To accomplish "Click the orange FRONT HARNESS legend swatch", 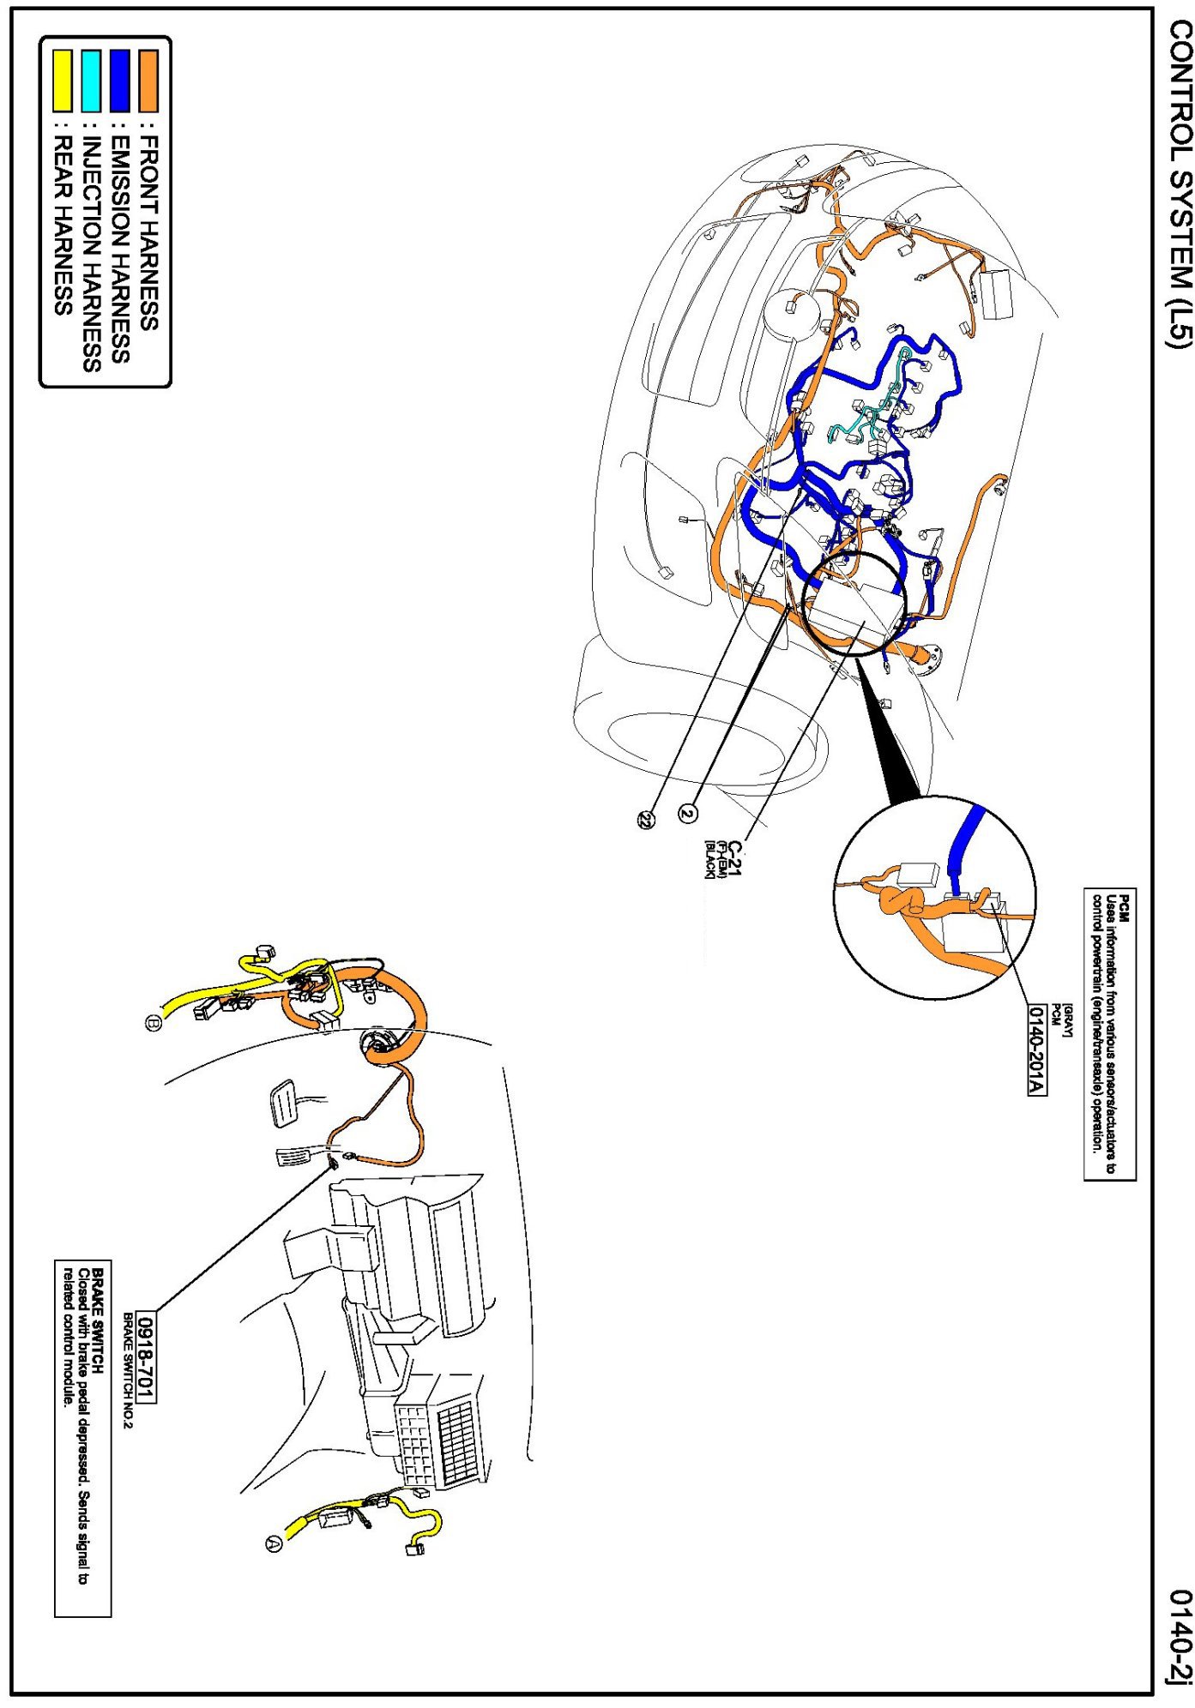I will (x=148, y=81).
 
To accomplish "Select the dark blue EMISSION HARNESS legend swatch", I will (x=120, y=81).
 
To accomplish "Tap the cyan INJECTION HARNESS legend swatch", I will (x=91, y=81).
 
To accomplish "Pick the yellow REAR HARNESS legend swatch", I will (x=63, y=81).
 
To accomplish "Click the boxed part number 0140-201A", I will (x=1037, y=1049).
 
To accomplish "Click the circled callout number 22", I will (x=645, y=820).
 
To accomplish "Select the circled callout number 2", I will (x=688, y=811).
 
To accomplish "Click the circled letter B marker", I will (x=154, y=1023).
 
